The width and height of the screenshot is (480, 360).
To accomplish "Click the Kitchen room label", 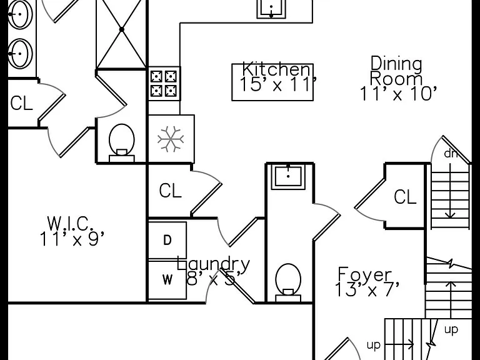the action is [x=276, y=69].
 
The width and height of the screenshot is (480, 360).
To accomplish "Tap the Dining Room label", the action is [x=396, y=71].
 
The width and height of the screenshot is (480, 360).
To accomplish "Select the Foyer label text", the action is [x=365, y=275].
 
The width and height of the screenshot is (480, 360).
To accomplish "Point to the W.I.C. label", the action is [x=70, y=224].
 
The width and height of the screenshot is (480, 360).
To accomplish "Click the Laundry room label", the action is [x=213, y=264].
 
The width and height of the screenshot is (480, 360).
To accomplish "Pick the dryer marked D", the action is [x=167, y=241].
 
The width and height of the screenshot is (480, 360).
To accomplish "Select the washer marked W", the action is [x=167, y=280].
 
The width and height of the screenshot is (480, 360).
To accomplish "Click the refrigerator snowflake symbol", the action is [x=171, y=139].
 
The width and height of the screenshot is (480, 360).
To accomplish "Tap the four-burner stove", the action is [x=164, y=84].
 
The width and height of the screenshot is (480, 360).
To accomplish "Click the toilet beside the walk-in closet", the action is [x=122, y=142].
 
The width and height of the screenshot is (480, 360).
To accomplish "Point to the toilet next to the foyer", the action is [x=288, y=282].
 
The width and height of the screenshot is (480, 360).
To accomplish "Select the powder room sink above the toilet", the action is [x=288, y=177].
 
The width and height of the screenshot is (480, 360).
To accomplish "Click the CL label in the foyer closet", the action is [x=405, y=196].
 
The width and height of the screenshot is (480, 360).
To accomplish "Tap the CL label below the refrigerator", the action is [x=170, y=191].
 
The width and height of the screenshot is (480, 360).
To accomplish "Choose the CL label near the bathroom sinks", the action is [x=21, y=103].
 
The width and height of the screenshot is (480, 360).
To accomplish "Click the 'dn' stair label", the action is [x=451, y=154].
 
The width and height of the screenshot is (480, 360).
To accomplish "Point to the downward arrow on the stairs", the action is [x=450, y=191].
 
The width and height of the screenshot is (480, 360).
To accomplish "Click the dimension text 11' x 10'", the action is [x=398, y=94].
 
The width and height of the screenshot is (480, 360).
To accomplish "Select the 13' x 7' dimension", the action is [x=367, y=289].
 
